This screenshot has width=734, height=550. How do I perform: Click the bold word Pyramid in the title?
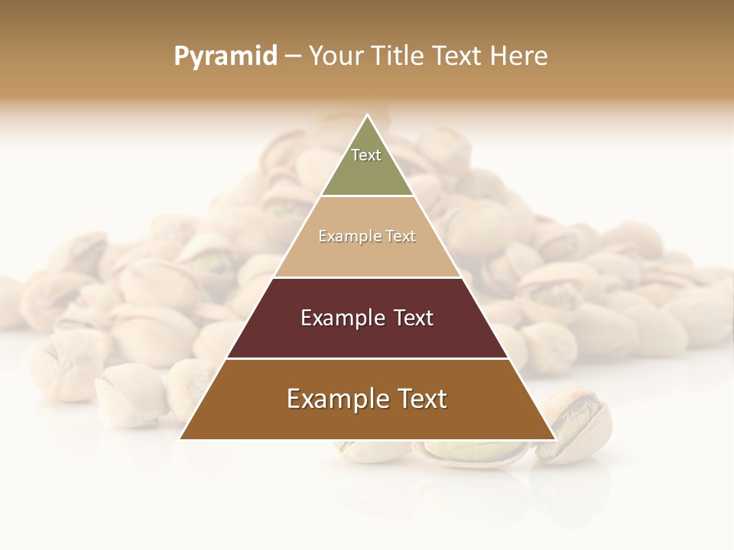[226, 57]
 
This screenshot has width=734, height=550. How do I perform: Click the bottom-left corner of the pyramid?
[181, 438]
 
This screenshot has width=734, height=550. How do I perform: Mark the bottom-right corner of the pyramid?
[554, 438]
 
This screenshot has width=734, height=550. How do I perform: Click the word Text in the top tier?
[366, 155]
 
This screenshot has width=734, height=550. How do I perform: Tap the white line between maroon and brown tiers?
[367, 358]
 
